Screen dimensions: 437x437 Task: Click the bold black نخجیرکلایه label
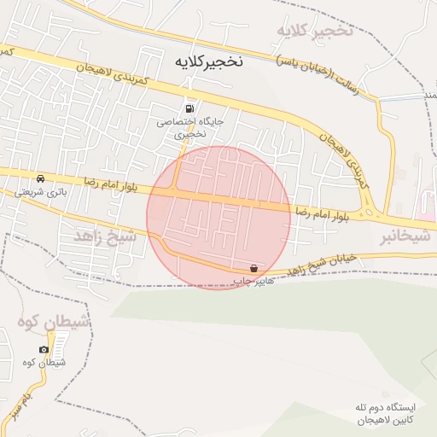[x=209, y=61]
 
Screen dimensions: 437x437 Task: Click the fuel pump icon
[x=189, y=108]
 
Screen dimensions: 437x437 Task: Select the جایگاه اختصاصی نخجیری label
[x=189, y=128]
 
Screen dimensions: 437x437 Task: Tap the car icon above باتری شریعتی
[x=41, y=178]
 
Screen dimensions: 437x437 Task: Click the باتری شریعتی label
[x=41, y=192]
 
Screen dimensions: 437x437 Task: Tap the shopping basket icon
[x=253, y=268]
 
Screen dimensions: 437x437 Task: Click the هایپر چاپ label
[x=253, y=280]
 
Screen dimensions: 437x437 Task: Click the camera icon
[x=44, y=349]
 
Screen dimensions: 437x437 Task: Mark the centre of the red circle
[x=218, y=217]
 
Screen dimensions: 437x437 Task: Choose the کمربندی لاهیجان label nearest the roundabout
[x=346, y=162]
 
